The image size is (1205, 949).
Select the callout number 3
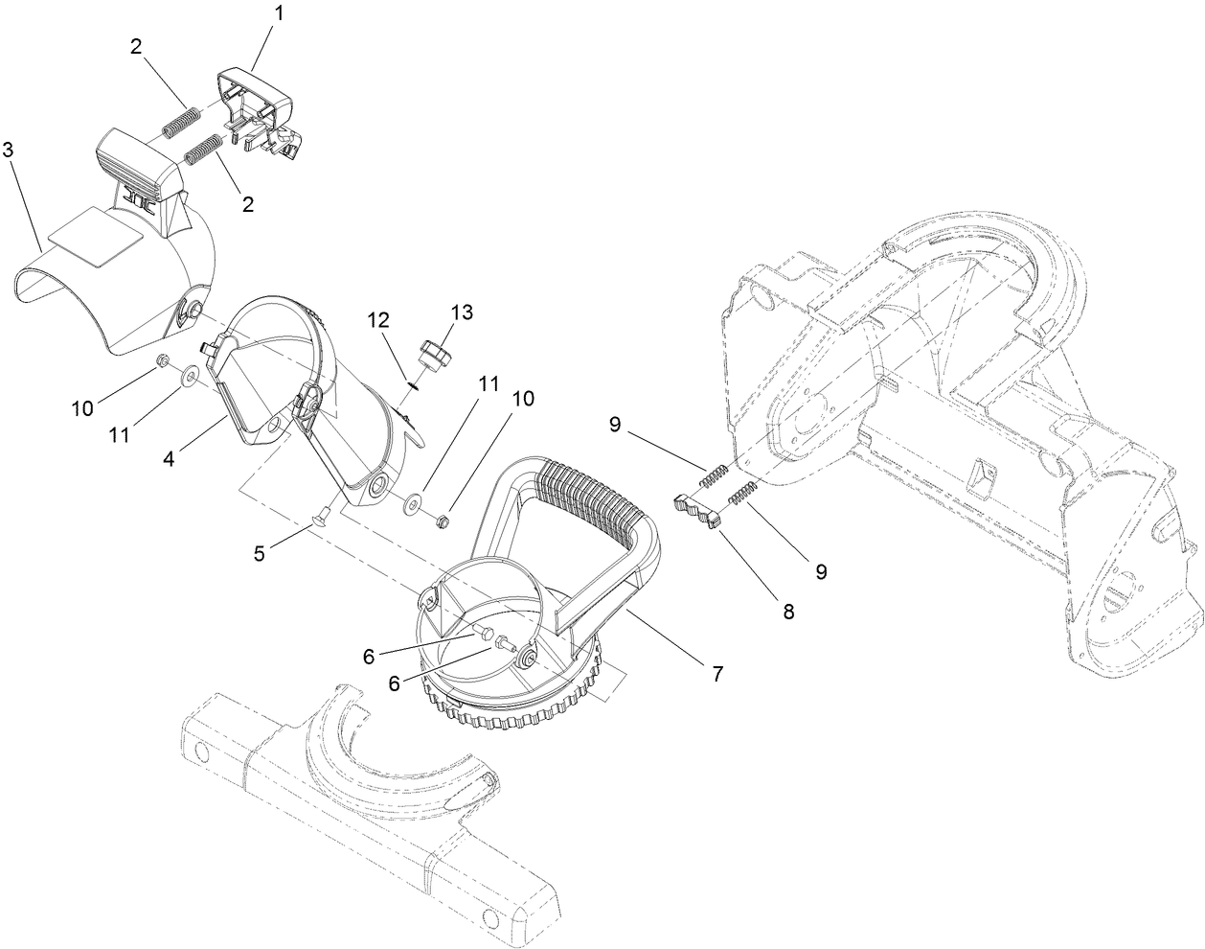[x=8, y=150]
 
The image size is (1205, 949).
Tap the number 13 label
[x=463, y=312]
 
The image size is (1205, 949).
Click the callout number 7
[x=715, y=674]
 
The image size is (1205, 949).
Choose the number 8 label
[x=788, y=610]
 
